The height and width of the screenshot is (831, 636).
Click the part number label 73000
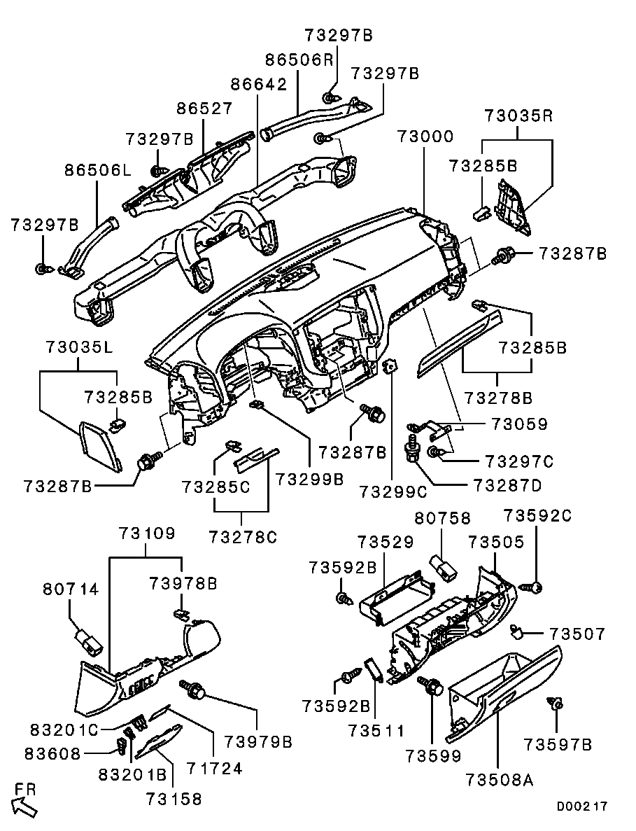(425, 136)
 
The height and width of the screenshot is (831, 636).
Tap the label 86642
(259, 85)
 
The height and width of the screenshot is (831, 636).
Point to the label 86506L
(99, 169)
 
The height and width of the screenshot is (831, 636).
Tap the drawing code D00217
(582, 806)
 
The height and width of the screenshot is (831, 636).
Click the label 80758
(443, 519)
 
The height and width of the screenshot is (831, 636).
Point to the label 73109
(146, 533)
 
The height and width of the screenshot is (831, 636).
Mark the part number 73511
(377, 731)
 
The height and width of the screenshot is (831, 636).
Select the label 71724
(214, 769)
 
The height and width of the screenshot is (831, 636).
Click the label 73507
(577, 634)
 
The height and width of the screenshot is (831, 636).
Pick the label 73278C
(243, 538)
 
